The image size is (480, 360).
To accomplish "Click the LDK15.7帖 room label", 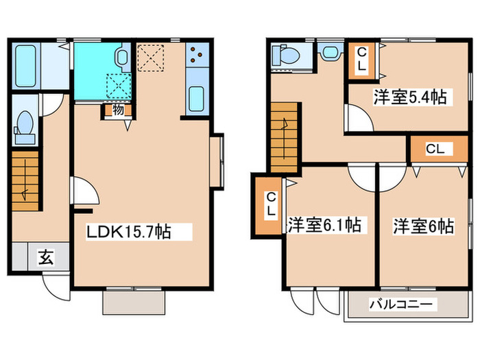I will coord(128,232).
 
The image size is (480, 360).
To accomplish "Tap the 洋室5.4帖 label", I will coord(410,97).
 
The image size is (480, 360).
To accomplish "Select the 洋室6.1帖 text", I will coord(324,224).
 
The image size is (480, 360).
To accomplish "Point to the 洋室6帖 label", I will coord(423,224).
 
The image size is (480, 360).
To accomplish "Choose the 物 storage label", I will coord(117,110).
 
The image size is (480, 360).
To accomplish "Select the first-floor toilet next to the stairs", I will coord(25,127).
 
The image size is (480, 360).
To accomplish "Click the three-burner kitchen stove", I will coord(195,54).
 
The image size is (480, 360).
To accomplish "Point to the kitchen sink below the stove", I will coord(195,100).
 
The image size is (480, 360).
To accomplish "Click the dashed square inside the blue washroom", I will coord(115,85).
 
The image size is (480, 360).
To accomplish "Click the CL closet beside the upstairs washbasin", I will coord(361,60).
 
